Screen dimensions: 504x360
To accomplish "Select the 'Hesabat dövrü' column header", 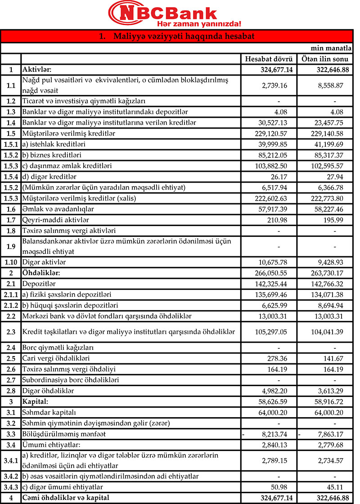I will point(269,59).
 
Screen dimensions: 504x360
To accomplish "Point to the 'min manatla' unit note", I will point(332,48).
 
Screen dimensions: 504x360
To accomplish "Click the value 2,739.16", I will point(281,85).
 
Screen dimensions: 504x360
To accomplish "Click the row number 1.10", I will point(11,261).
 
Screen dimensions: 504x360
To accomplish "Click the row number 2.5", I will point(11,358).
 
